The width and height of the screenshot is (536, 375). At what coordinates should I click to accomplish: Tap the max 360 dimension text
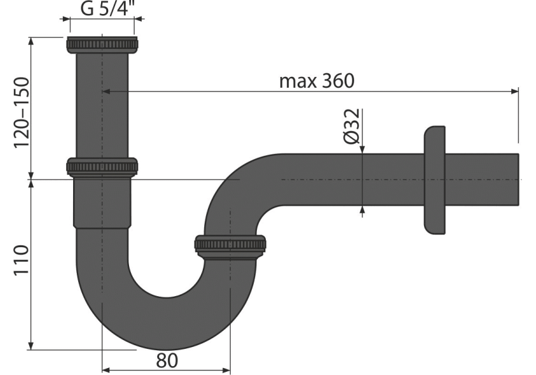(317, 81)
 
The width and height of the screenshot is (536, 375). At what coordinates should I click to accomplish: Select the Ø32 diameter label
(352, 126)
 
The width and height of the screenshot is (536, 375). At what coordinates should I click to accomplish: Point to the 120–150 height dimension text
(21, 112)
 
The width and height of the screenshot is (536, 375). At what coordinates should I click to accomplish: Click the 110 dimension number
(21, 259)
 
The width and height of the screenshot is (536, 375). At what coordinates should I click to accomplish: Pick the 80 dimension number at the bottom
(167, 360)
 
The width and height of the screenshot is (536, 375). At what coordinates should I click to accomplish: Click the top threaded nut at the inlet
(102, 44)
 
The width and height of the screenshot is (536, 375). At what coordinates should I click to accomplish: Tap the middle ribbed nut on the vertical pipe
(102, 167)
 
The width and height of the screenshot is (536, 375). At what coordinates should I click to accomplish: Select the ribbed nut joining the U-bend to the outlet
(230, 245)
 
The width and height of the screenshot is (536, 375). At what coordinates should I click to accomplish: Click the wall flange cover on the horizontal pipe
(434, 180)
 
